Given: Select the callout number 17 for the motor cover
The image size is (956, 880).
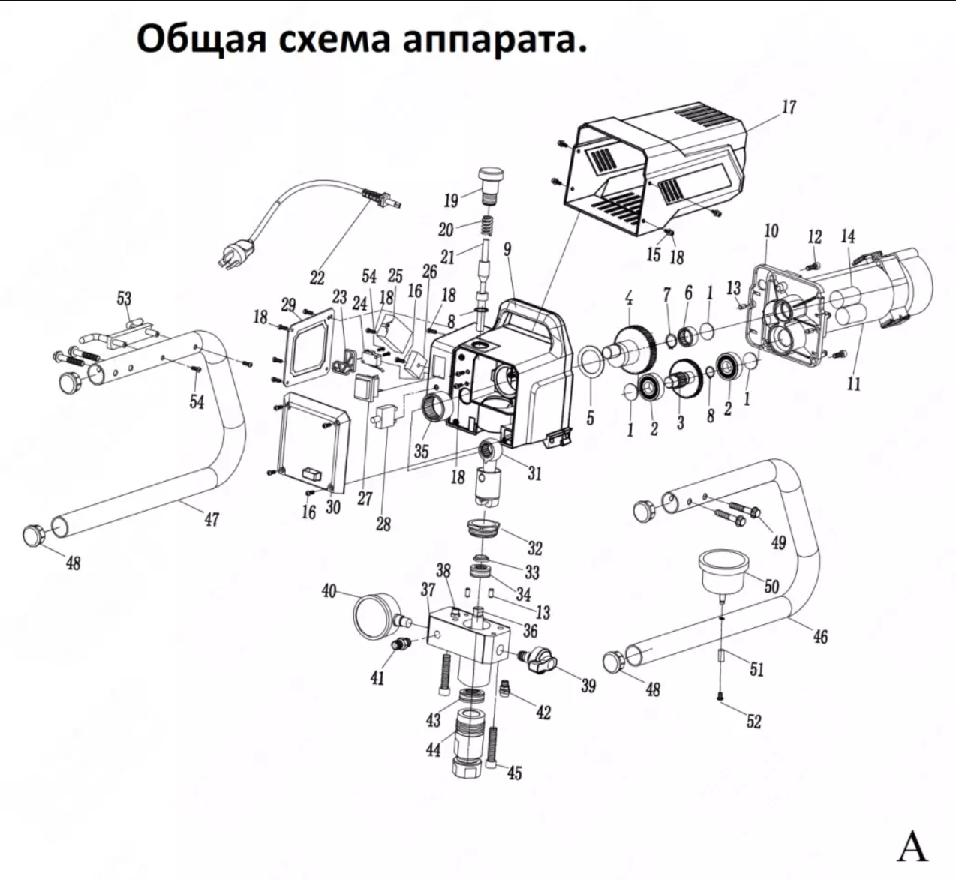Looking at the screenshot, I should click(788, 107).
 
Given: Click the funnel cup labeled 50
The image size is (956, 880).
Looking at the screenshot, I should click(723, 569).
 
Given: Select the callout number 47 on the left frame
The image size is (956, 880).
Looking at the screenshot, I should click(212, 518).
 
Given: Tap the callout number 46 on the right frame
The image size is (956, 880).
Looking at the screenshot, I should click(820, 636).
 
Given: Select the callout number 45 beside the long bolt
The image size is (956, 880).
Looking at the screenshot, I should click(514, 773).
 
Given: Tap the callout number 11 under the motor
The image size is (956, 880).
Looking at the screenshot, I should click(853, 384).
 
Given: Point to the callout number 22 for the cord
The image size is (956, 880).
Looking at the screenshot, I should click(317, 278).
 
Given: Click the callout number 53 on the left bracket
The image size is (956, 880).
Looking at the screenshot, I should click(123, 299).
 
